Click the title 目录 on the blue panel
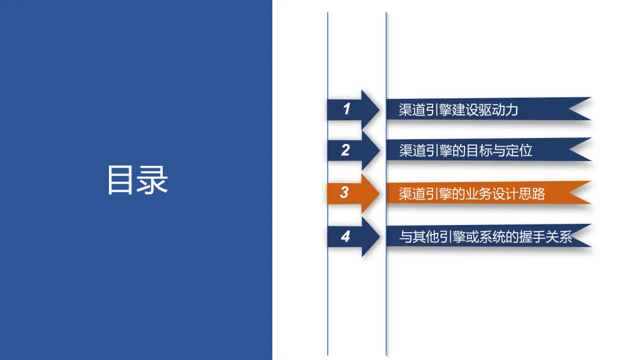[137, 179]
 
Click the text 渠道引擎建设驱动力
[459, 110]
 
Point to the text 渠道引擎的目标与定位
[466, 150]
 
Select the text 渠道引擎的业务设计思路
[472, 194]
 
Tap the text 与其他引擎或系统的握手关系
[486, 237]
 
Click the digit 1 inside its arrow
[347, 109]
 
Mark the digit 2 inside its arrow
[346, 150]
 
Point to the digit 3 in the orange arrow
[344, 193]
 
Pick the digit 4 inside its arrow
[346, 237]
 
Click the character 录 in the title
[153, 179]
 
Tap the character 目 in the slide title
[121, 179]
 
